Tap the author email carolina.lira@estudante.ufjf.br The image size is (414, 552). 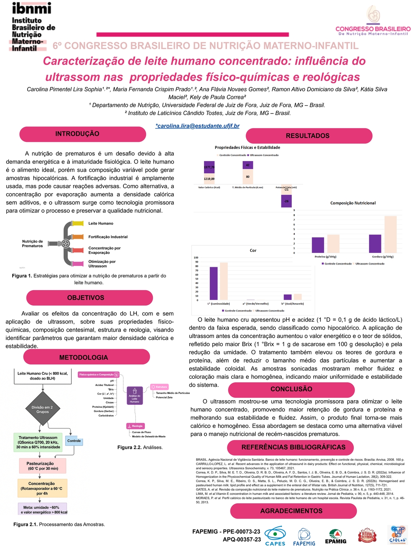tap(197, 126)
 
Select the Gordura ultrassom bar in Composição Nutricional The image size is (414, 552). tap(391, 235)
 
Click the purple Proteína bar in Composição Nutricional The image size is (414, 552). tap(318, 245)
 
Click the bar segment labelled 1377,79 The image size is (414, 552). tap(209, 167)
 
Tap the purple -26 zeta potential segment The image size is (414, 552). tap(286, 201)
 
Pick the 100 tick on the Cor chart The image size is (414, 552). tap(196, 258)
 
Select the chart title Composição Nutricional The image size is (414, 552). tap(353, 203)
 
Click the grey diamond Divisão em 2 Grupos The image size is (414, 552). tap(43, 409)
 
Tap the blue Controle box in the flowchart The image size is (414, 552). tap(74, 441)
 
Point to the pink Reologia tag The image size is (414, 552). tap(135, 426)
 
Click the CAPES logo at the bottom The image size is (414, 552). tap(275, 536)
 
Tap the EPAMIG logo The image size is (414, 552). tap(335, 537)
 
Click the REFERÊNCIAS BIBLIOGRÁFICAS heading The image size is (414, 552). tap(293, 447)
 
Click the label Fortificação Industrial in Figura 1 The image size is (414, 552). tap(108, 237)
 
